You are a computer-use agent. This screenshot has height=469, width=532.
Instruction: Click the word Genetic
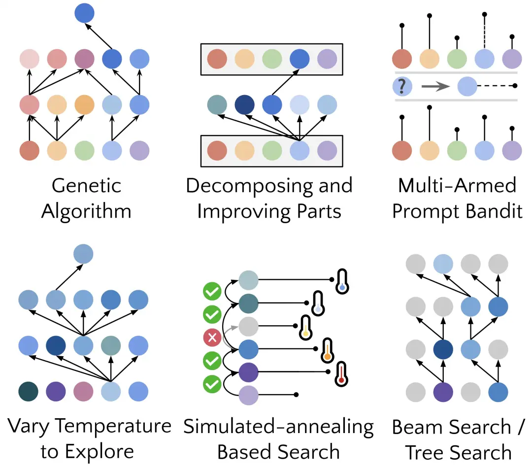click(x=87, y=186)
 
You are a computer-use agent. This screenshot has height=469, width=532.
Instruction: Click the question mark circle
click(x=402, y=86)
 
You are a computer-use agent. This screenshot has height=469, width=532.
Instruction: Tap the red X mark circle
click(x=212, y=337)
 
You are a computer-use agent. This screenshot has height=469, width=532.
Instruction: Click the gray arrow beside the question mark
click(x=435, y=86)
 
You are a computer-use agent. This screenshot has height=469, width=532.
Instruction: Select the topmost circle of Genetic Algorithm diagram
click(x=85, y=13)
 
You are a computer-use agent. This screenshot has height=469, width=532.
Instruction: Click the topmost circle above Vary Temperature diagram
click(x=83, y=254)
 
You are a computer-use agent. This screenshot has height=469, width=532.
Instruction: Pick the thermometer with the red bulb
click(x=341, y=374)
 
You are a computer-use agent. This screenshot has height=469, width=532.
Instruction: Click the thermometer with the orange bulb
click(x=328, y=351)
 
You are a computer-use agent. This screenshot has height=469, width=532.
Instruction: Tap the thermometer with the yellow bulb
click(x=306, y=328)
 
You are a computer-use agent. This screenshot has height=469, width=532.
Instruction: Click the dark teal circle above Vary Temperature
click(x=29, y=392)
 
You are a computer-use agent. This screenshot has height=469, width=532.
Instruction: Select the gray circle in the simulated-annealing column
click(x=249, y=326)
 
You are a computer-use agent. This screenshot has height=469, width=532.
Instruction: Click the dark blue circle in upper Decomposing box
click(x=299, y=59)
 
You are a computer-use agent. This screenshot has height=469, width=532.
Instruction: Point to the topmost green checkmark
click(x=212, y=291)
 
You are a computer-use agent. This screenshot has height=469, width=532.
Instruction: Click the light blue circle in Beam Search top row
click(x=443, y=264)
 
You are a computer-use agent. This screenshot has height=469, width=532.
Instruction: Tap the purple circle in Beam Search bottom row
click(x=443, y=392)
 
